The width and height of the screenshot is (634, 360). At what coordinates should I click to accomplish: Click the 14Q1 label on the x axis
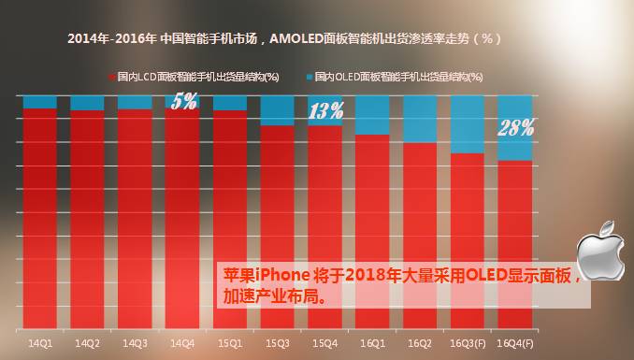pos(39,343)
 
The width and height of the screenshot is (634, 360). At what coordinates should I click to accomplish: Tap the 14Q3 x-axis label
pos(135,343)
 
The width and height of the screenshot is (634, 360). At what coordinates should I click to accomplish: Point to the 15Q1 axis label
pos(229,343)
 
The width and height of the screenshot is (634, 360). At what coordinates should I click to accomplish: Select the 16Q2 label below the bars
pos(420,343)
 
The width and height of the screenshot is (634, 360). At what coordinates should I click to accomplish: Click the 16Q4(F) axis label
pos(515,343)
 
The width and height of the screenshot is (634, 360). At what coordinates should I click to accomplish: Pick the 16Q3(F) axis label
pos(468,343)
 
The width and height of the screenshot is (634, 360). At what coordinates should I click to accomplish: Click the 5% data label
pos(184,102)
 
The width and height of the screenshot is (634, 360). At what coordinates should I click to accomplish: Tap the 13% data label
pos(326,112)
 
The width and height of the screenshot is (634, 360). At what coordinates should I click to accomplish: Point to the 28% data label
pos(515,127)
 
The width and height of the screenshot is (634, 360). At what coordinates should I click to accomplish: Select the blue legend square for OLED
pos(309,75)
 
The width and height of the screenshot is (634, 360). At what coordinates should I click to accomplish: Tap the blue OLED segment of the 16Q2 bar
pos(420,119)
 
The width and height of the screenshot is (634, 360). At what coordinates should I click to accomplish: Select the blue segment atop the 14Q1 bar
pos(39,101)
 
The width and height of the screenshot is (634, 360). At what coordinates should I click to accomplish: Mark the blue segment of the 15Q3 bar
pos(278,110)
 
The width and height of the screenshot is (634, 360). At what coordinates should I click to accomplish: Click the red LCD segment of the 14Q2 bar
pos(87,215)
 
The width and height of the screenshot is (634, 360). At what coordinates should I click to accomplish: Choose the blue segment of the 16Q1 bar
pos(372,115)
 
